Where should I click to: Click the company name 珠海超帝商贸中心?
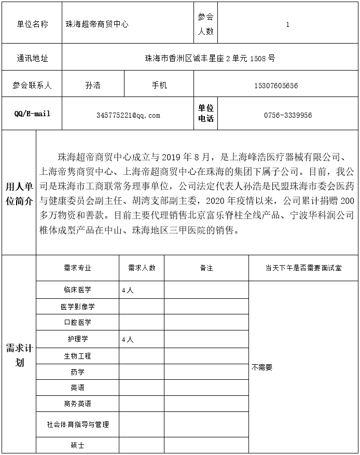(97, 24)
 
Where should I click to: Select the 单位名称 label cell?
(32, 24)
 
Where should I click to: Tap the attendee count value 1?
(287, 24)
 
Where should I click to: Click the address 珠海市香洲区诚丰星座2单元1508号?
(210, 59)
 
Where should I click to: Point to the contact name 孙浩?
(93, 86)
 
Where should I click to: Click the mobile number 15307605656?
(276, 86)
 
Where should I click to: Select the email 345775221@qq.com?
(128, 115)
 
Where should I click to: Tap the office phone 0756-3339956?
(288, 115)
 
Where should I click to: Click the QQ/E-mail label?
(32, 114)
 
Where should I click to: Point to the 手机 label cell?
(159, 86)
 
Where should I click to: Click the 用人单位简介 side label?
(19, 194)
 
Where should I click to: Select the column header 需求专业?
(77, 268)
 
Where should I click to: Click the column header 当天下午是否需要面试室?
(303, 268)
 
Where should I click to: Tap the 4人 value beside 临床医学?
(127, 291)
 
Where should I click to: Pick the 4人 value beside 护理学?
(127, 339)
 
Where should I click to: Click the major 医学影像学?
(77, 307)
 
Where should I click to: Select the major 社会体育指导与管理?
(77, 424)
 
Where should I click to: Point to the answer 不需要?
(262, 367)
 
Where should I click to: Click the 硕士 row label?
(77, 446)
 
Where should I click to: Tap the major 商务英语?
(77, 404)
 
